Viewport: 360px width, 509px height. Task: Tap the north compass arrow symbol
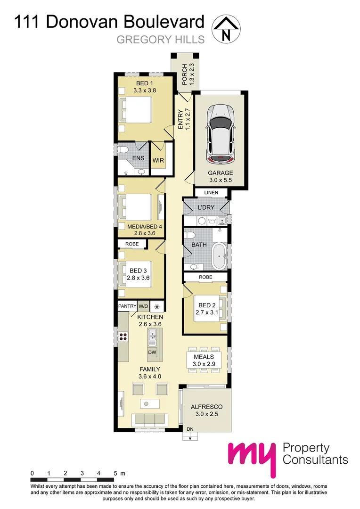(226, 28)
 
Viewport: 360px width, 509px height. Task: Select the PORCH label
(185, 74)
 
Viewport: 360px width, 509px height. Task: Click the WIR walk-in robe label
(157, 160)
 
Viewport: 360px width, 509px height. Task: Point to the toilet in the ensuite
(123, 150)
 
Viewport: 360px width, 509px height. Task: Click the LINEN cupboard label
(211, 193)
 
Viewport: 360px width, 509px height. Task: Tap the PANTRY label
(127, 306)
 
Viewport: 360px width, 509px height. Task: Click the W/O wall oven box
(143, 306)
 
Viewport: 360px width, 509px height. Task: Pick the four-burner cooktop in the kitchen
(123, 337)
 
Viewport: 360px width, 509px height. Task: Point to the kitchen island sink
(153, 335)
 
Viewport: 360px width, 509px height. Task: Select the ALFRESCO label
(206, 406)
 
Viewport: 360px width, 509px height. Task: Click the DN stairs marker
(189, 429)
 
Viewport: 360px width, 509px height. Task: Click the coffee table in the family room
(150, 404)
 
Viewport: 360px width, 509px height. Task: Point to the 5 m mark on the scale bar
(116, 473)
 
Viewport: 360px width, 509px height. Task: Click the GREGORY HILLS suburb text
(160, 40)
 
